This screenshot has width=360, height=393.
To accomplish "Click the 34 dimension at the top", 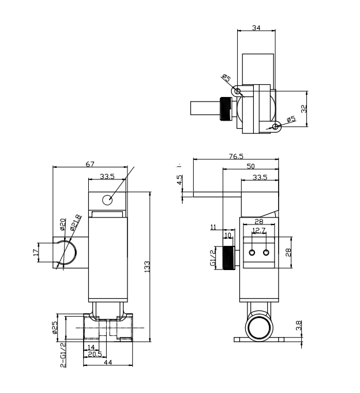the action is (256, 28).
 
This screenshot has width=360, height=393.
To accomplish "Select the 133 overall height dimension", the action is (147, 267).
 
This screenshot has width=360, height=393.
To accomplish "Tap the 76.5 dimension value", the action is (236, 156).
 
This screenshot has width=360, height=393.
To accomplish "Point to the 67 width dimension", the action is (90, 164).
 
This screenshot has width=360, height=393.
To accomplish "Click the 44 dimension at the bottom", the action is (108, 362).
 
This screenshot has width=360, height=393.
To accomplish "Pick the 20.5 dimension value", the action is (95, 354).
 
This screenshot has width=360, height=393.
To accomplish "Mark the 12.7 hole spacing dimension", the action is (259, 230).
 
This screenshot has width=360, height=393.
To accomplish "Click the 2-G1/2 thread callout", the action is (63, 355).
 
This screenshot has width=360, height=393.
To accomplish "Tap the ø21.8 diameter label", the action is (76, 222).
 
